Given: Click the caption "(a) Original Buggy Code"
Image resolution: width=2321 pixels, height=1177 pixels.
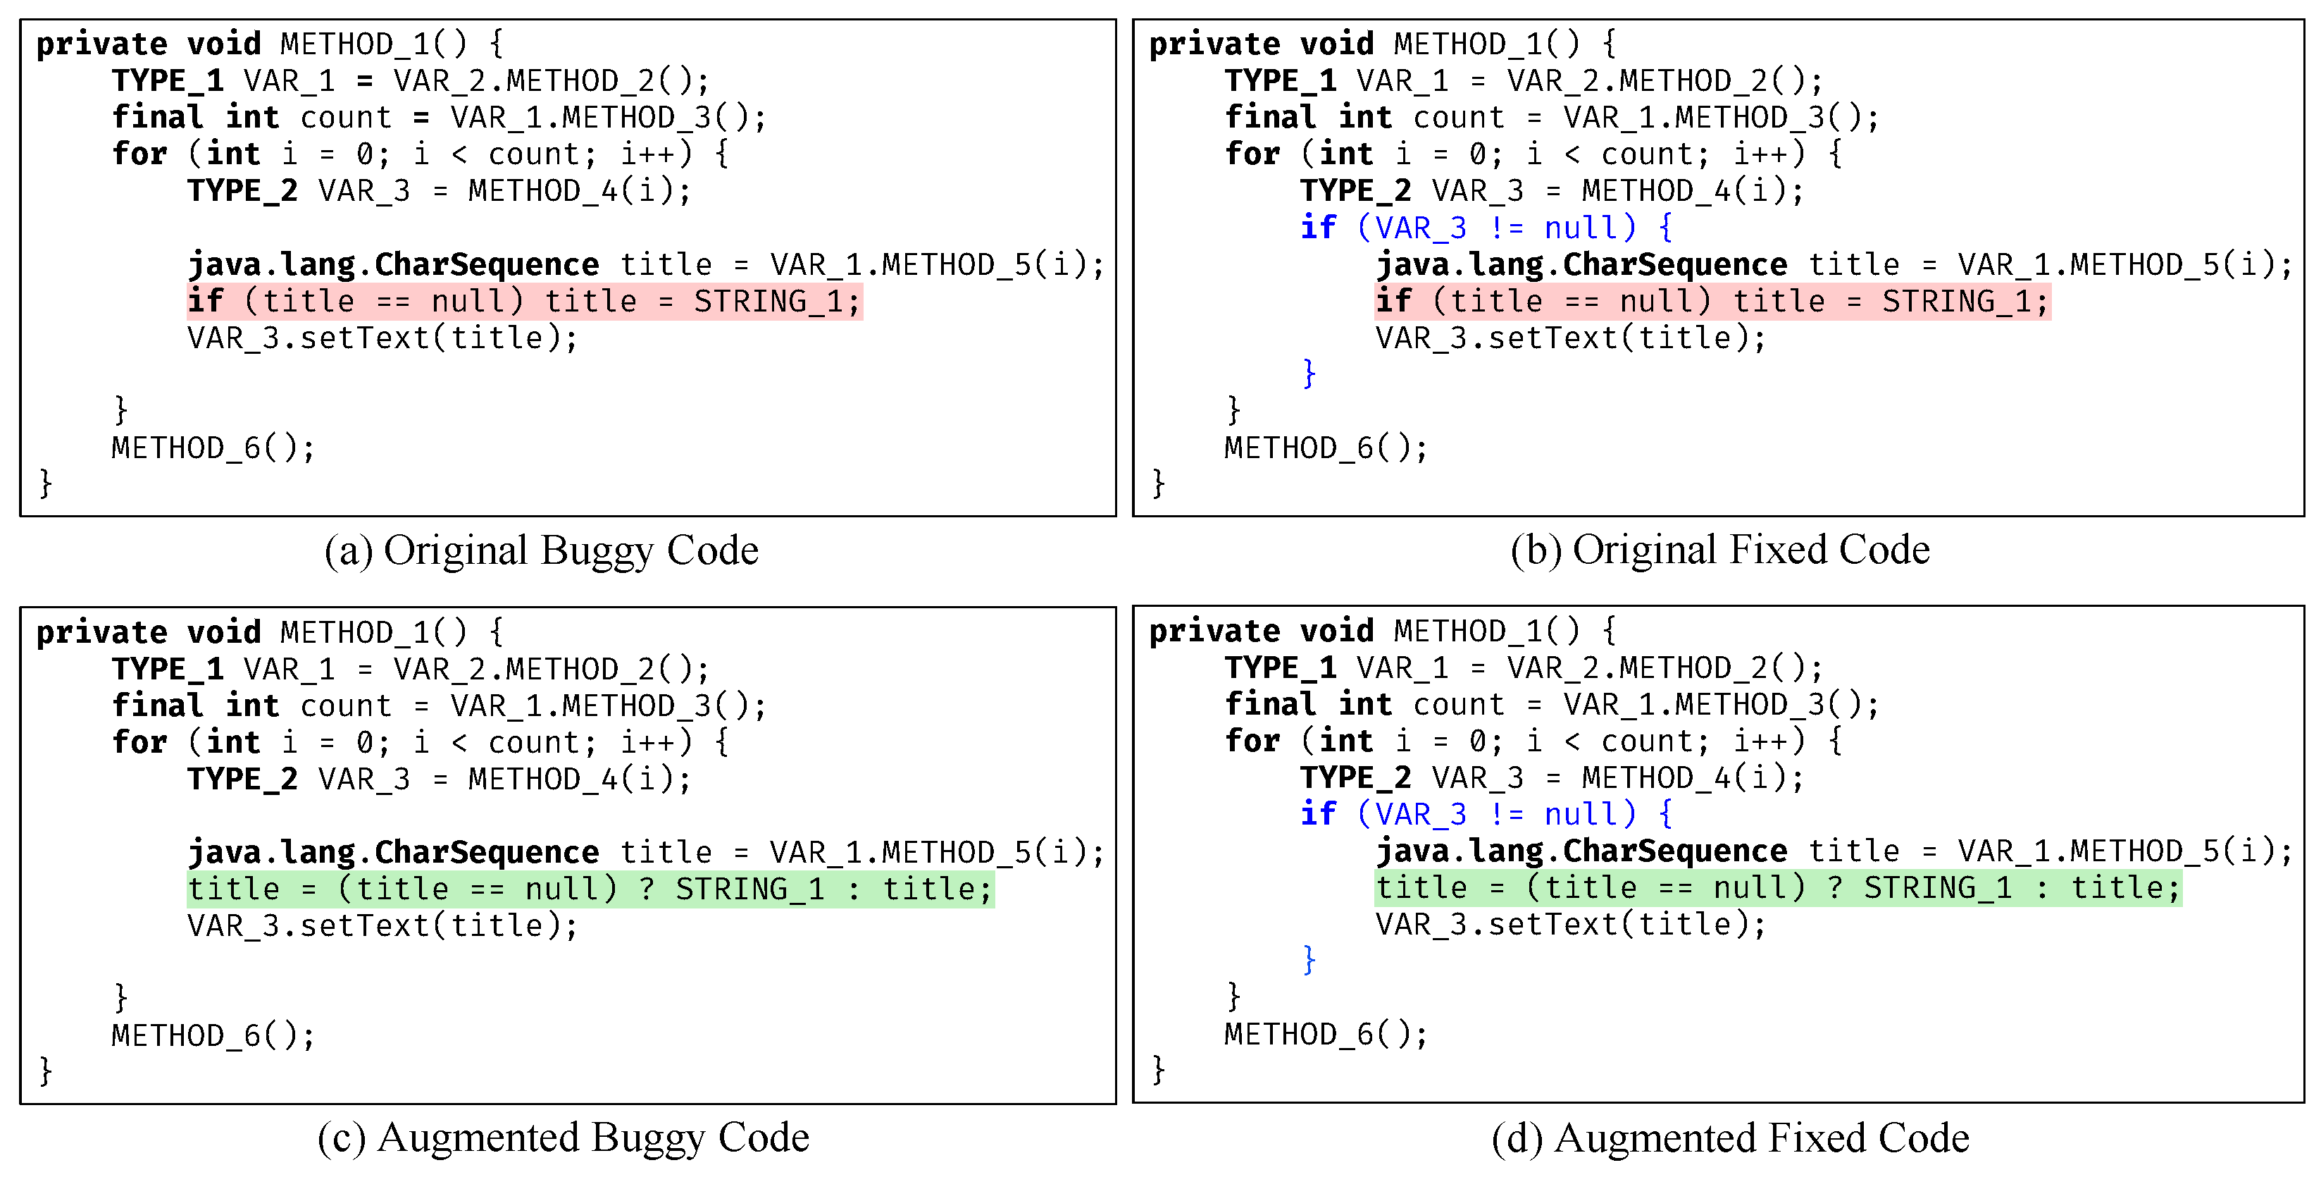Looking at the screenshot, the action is [542, 550].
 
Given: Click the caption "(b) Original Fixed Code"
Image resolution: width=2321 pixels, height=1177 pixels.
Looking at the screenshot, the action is [1720, 550].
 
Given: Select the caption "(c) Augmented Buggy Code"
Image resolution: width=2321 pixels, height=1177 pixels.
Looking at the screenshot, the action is [563, 1138].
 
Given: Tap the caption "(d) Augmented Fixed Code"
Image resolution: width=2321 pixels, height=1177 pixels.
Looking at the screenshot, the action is [1730, 1138].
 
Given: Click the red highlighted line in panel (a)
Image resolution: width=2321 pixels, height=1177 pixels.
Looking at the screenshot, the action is [524, 301].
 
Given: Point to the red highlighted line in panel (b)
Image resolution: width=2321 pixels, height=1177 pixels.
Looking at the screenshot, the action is [1712, 301].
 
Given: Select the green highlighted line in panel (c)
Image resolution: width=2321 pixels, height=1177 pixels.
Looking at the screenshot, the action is [590, 889].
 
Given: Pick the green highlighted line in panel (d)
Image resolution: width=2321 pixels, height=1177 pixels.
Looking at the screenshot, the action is [1778, 888].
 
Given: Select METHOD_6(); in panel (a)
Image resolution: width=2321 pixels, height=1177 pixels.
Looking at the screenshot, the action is [213, 448].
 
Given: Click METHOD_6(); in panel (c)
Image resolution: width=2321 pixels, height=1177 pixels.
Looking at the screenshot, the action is [213, 1035].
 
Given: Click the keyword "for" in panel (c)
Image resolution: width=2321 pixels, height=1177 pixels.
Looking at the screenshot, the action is [139, 741].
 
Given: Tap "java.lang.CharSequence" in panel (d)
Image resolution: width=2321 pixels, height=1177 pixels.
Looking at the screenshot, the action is [1581, 851].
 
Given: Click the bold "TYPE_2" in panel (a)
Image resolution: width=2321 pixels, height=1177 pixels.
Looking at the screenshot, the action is [242, 191].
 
